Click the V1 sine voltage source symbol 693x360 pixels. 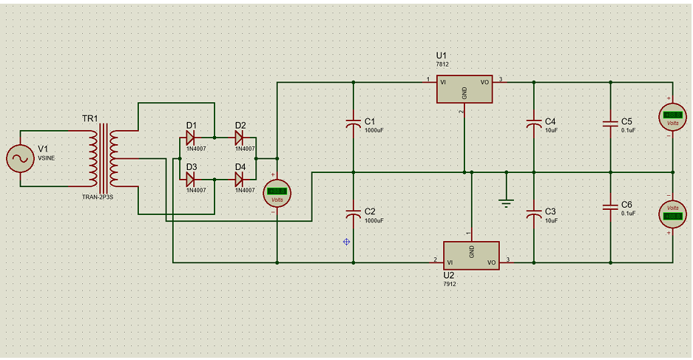tap(18, 158)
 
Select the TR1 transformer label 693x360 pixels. tap(89, 118)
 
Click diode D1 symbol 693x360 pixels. tap(190, 137)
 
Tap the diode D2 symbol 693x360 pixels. tap(239, 137)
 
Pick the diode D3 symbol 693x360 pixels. tap(190, 179)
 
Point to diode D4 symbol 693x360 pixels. tap(239, 179)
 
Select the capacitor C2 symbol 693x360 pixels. tap(354, 214)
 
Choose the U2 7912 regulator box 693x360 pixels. tap(471, 254)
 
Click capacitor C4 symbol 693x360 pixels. tap(533, 123)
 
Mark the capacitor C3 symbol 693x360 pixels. tap(533, 214)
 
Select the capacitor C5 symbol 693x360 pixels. tap(610, 123)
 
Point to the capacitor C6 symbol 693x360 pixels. tap(610, 207)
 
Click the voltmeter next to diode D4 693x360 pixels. tap(277, 193)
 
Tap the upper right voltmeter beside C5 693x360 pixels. tap(672, 115)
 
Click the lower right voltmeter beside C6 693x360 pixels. tap(672, 213)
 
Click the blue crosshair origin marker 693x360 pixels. tap(346, 242)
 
